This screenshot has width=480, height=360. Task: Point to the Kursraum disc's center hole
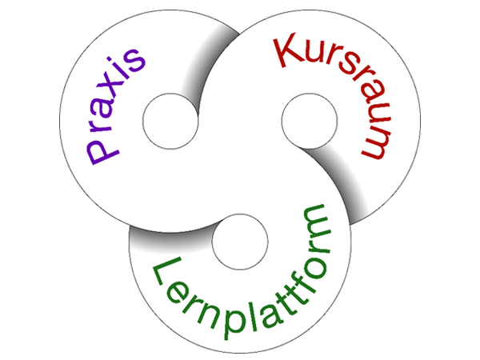pyautogui.click(x=309, y=121)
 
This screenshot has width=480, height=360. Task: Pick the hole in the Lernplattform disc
pyautogui.click(x=239, y=241)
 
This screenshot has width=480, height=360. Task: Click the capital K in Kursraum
pyautogui.click(x=288, y=53)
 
